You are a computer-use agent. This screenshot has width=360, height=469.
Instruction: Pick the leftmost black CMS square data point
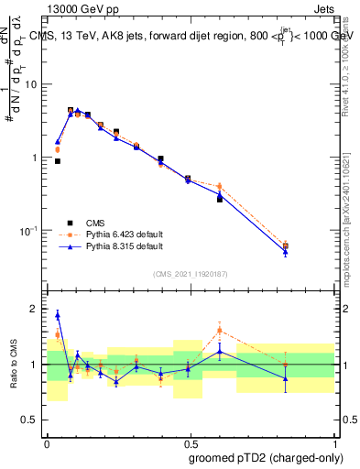click(x=58, y=161)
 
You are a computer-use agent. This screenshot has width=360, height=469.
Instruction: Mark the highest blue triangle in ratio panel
click(x=58, y=315)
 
